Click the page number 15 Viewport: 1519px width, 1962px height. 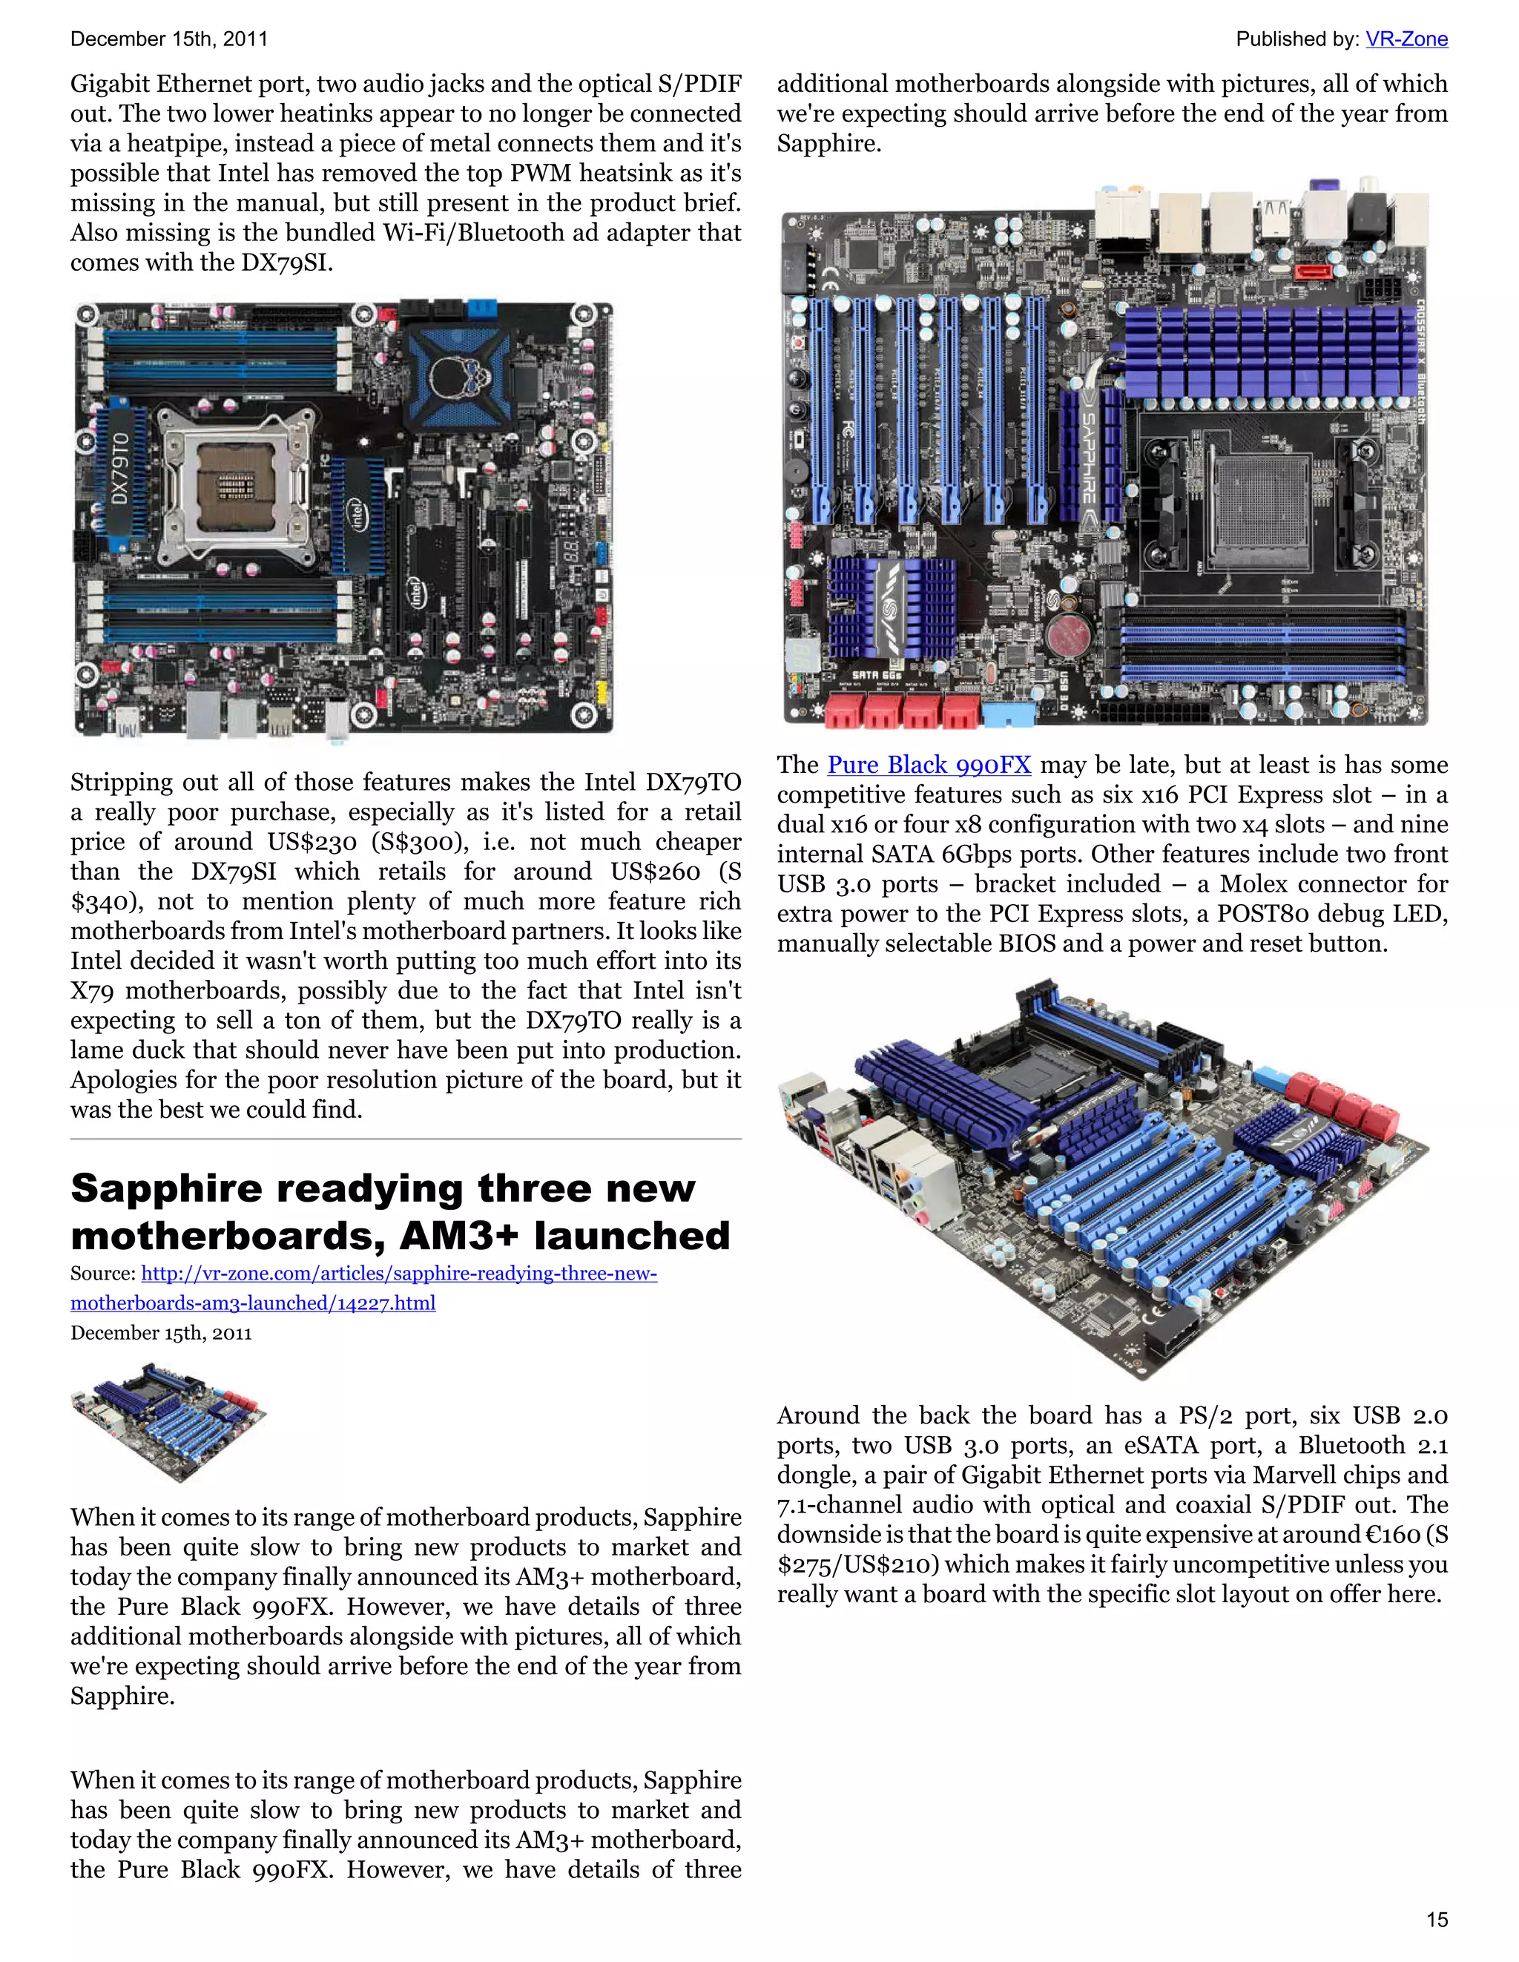tap(1437, 1920)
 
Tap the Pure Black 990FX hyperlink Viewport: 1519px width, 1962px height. tap(928, 765)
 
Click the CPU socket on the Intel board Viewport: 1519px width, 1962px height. tap(235, 486)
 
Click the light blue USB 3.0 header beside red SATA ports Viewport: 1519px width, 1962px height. tap(1009, 715)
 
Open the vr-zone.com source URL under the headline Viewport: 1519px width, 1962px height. tap(399, 1273)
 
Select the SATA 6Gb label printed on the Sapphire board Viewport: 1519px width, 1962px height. tap(877, 674)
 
